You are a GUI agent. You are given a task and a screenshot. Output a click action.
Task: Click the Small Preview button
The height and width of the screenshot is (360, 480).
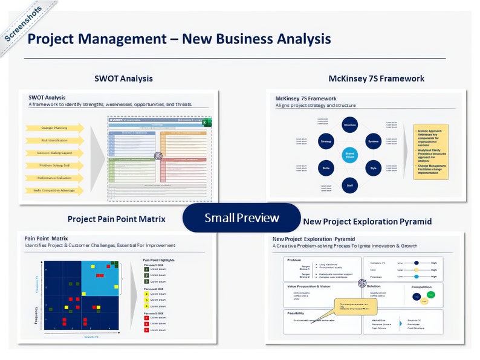pos(241,217)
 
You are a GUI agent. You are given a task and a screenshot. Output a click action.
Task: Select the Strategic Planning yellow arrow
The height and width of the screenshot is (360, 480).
pos(54,128)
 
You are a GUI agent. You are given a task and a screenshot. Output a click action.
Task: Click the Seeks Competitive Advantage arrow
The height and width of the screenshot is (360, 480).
pos(54,190)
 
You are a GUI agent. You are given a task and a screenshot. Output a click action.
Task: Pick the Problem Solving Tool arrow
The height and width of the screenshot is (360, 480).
pos(54,166)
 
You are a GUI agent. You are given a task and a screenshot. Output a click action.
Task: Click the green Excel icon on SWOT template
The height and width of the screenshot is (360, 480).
pos(205,122)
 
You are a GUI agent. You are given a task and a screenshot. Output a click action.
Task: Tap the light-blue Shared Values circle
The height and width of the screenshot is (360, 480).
pos(349,155)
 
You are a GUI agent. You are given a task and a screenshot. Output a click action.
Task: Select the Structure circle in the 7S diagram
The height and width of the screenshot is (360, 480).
pos(349,125)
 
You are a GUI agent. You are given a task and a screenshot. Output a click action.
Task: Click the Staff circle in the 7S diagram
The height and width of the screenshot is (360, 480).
pos(349,185)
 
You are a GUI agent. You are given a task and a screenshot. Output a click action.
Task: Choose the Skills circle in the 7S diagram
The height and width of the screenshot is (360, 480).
pos(326,169)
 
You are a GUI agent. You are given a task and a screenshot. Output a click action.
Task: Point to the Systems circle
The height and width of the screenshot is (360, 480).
pos(373,142)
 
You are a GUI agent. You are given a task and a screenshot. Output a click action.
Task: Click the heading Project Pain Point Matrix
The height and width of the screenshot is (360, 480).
pos(116,219)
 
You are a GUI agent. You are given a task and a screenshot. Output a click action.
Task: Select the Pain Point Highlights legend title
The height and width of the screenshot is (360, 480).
pos(160,260)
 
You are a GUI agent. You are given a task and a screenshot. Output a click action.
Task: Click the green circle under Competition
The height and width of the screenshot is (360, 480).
pos(430,295)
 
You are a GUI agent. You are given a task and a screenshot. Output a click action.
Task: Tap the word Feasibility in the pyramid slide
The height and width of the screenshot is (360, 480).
pos(296,313)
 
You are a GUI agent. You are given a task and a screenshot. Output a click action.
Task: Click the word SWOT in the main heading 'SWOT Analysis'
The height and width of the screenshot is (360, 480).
pos(107,79)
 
